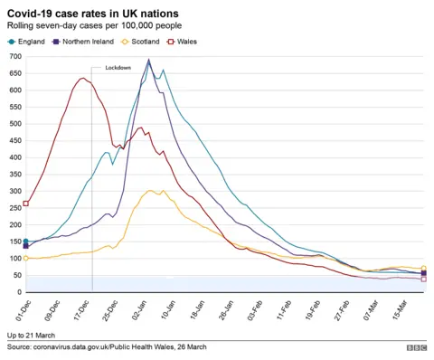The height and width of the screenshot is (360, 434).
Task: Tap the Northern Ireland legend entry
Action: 90,42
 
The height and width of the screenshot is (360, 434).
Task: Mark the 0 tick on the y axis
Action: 17,292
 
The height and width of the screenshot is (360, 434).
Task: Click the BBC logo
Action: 416,347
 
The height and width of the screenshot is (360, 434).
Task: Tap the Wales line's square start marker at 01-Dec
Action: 25,204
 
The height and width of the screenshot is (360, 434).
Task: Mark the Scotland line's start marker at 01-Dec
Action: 25,258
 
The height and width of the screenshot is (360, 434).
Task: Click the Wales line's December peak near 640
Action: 83,78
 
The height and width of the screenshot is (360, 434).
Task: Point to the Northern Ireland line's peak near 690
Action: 149,61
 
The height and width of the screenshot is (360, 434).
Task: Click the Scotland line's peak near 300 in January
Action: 152,191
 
